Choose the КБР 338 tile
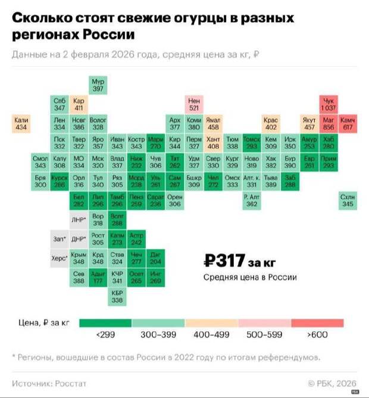click(117, 297)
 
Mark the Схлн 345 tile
click(347, 201)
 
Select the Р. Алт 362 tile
click(251, 201)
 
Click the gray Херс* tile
click(60, 259)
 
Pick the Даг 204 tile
click(155, 259)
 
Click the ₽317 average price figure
click(223, 260)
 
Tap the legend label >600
click(317, 335)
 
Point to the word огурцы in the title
click(188, 20)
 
